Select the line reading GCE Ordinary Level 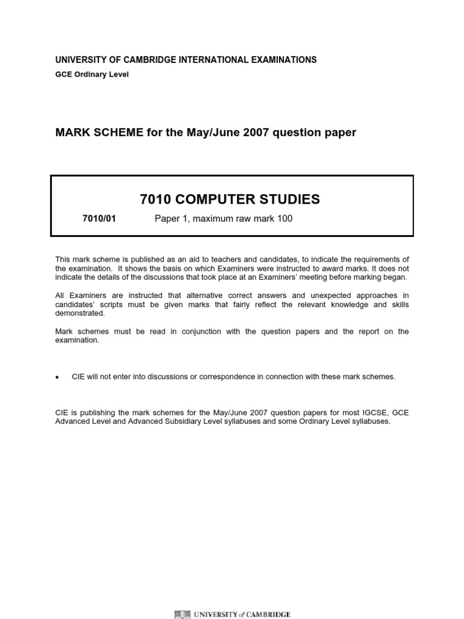pos(92,74)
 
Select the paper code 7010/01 pos(98,219)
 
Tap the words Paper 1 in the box pos(171,219)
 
